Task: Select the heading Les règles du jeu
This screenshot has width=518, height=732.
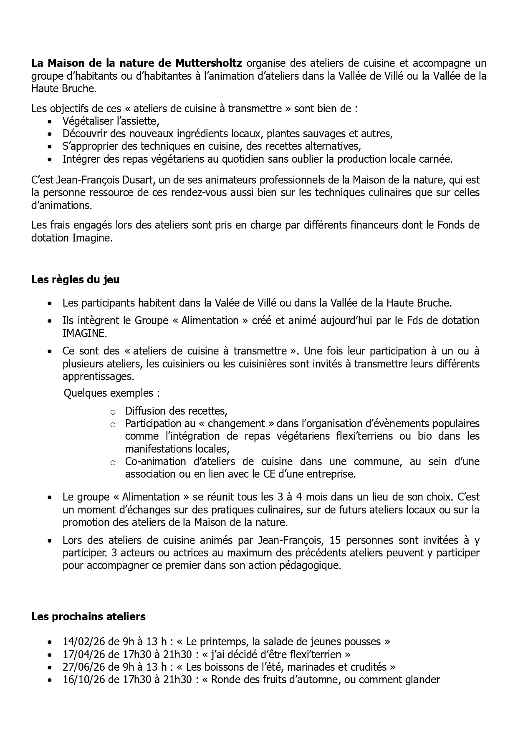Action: point(75,279)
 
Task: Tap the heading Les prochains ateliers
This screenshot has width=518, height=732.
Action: point(88,616)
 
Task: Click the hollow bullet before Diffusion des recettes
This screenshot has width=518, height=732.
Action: point(112,412)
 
